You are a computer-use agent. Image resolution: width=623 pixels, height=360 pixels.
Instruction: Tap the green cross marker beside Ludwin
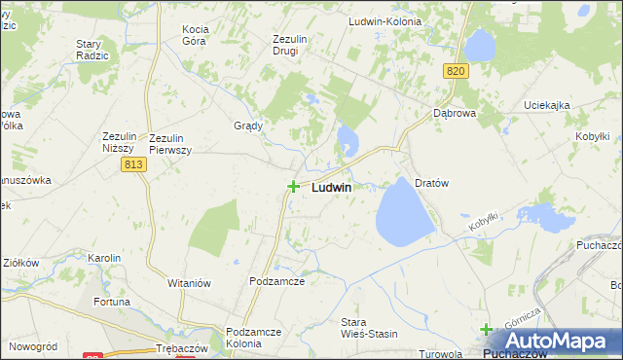pos(293,186)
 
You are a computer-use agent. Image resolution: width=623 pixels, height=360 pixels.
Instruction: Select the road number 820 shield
pos(457,71)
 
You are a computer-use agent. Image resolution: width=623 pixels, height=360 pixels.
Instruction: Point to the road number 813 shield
pos(134,166)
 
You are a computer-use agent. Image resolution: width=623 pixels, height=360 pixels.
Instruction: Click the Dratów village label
pos(430,182)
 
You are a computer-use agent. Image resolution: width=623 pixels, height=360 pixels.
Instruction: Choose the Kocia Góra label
pos(202,36)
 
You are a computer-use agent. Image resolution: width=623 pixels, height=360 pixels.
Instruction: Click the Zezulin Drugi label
pos(290,45)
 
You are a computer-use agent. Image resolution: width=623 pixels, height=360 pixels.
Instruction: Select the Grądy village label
pos(249,126)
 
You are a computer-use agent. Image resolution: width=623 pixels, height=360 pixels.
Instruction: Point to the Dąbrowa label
pos(455,113)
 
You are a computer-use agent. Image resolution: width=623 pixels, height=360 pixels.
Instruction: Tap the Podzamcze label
pos(277,280)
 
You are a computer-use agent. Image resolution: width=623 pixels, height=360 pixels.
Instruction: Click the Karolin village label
pos(104,258)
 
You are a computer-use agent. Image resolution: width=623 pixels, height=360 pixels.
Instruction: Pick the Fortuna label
pos(112,302)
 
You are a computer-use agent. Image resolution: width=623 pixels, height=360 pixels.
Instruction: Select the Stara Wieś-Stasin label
pos(369,328)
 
